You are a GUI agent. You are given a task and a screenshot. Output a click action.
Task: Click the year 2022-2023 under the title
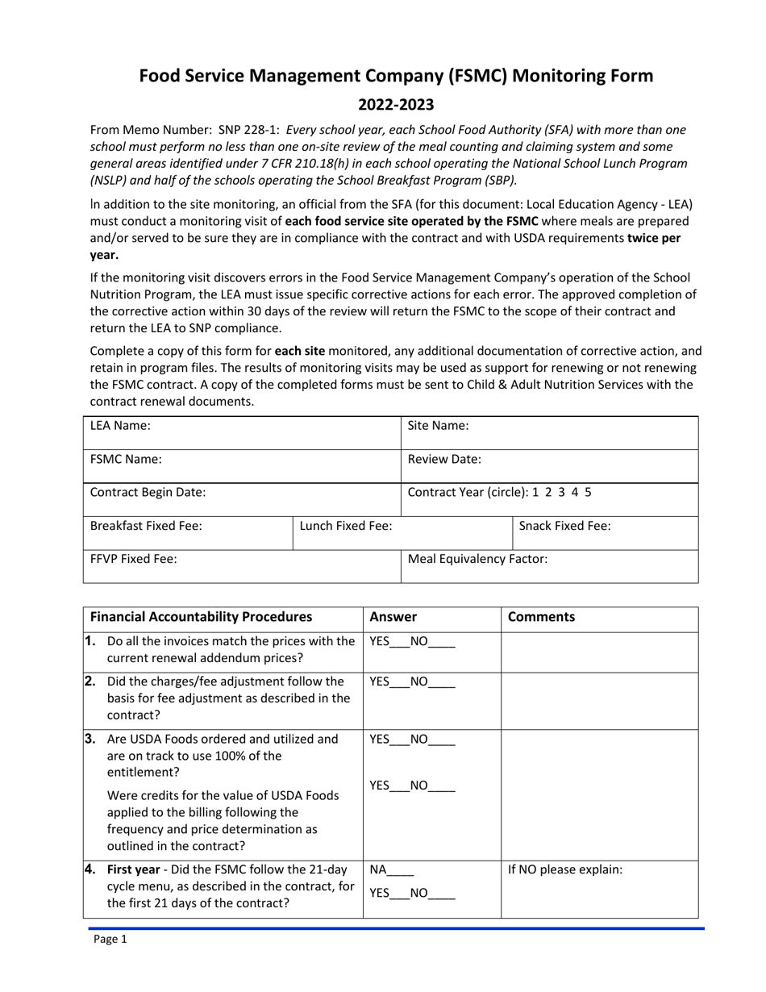click(x=396, y=104)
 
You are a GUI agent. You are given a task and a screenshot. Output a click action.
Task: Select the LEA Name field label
click(x=120, y=426)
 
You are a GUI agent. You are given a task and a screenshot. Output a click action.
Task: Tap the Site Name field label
click(x=439, y=426)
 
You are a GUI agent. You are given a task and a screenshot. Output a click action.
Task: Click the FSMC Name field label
click(x=126, y=459)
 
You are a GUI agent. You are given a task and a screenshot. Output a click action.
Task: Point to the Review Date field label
click(x=444, y=459)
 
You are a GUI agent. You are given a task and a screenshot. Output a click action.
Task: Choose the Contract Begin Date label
click(x=148, y=492)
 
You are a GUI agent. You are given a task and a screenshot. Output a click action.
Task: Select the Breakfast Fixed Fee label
click(x=146, y=526)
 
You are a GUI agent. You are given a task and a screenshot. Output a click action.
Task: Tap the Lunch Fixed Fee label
click(x=346, y=526)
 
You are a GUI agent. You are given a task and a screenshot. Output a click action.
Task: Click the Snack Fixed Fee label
click(x=564, y=526)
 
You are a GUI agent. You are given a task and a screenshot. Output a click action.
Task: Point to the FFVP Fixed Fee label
click(x=133, y=558)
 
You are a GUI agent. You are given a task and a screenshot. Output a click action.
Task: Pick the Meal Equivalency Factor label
click(x=478, y=558)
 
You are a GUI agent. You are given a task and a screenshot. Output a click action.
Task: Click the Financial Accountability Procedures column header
click(x=201, y=617)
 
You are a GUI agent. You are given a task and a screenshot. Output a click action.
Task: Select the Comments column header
click(x=541, y=617)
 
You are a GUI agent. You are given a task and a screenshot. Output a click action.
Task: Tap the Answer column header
click(x=393, y=617)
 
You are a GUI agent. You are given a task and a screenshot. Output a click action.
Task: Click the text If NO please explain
click(x=565, y=870)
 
